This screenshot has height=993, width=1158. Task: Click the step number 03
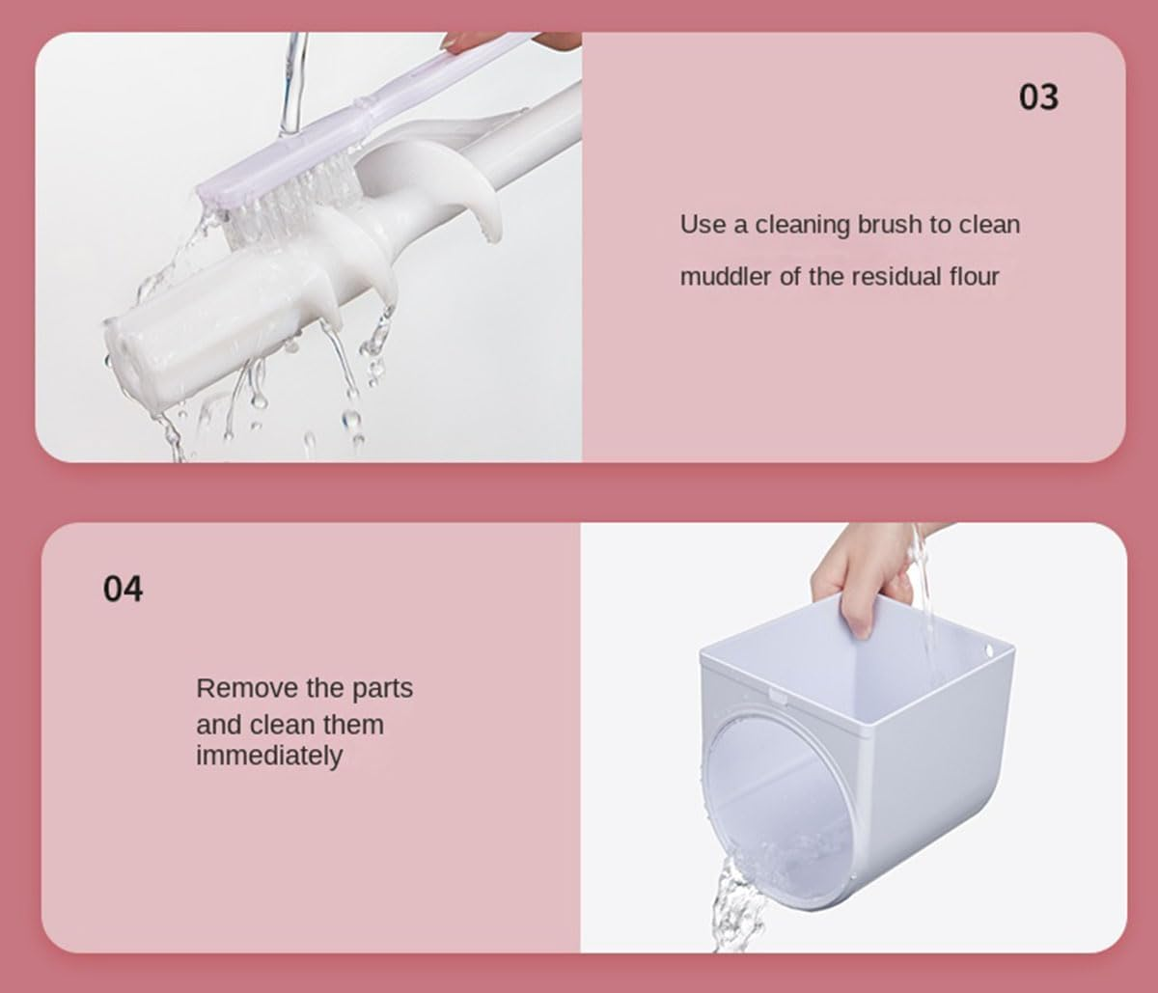tap(1038, 97)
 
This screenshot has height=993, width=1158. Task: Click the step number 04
tap(123, 589)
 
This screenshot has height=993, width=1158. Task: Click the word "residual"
tap(896, 277)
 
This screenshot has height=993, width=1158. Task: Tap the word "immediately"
tap(269, 756)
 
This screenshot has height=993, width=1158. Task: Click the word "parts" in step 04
tap(383, 689)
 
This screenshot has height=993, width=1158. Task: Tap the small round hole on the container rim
tap(989, 651)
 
